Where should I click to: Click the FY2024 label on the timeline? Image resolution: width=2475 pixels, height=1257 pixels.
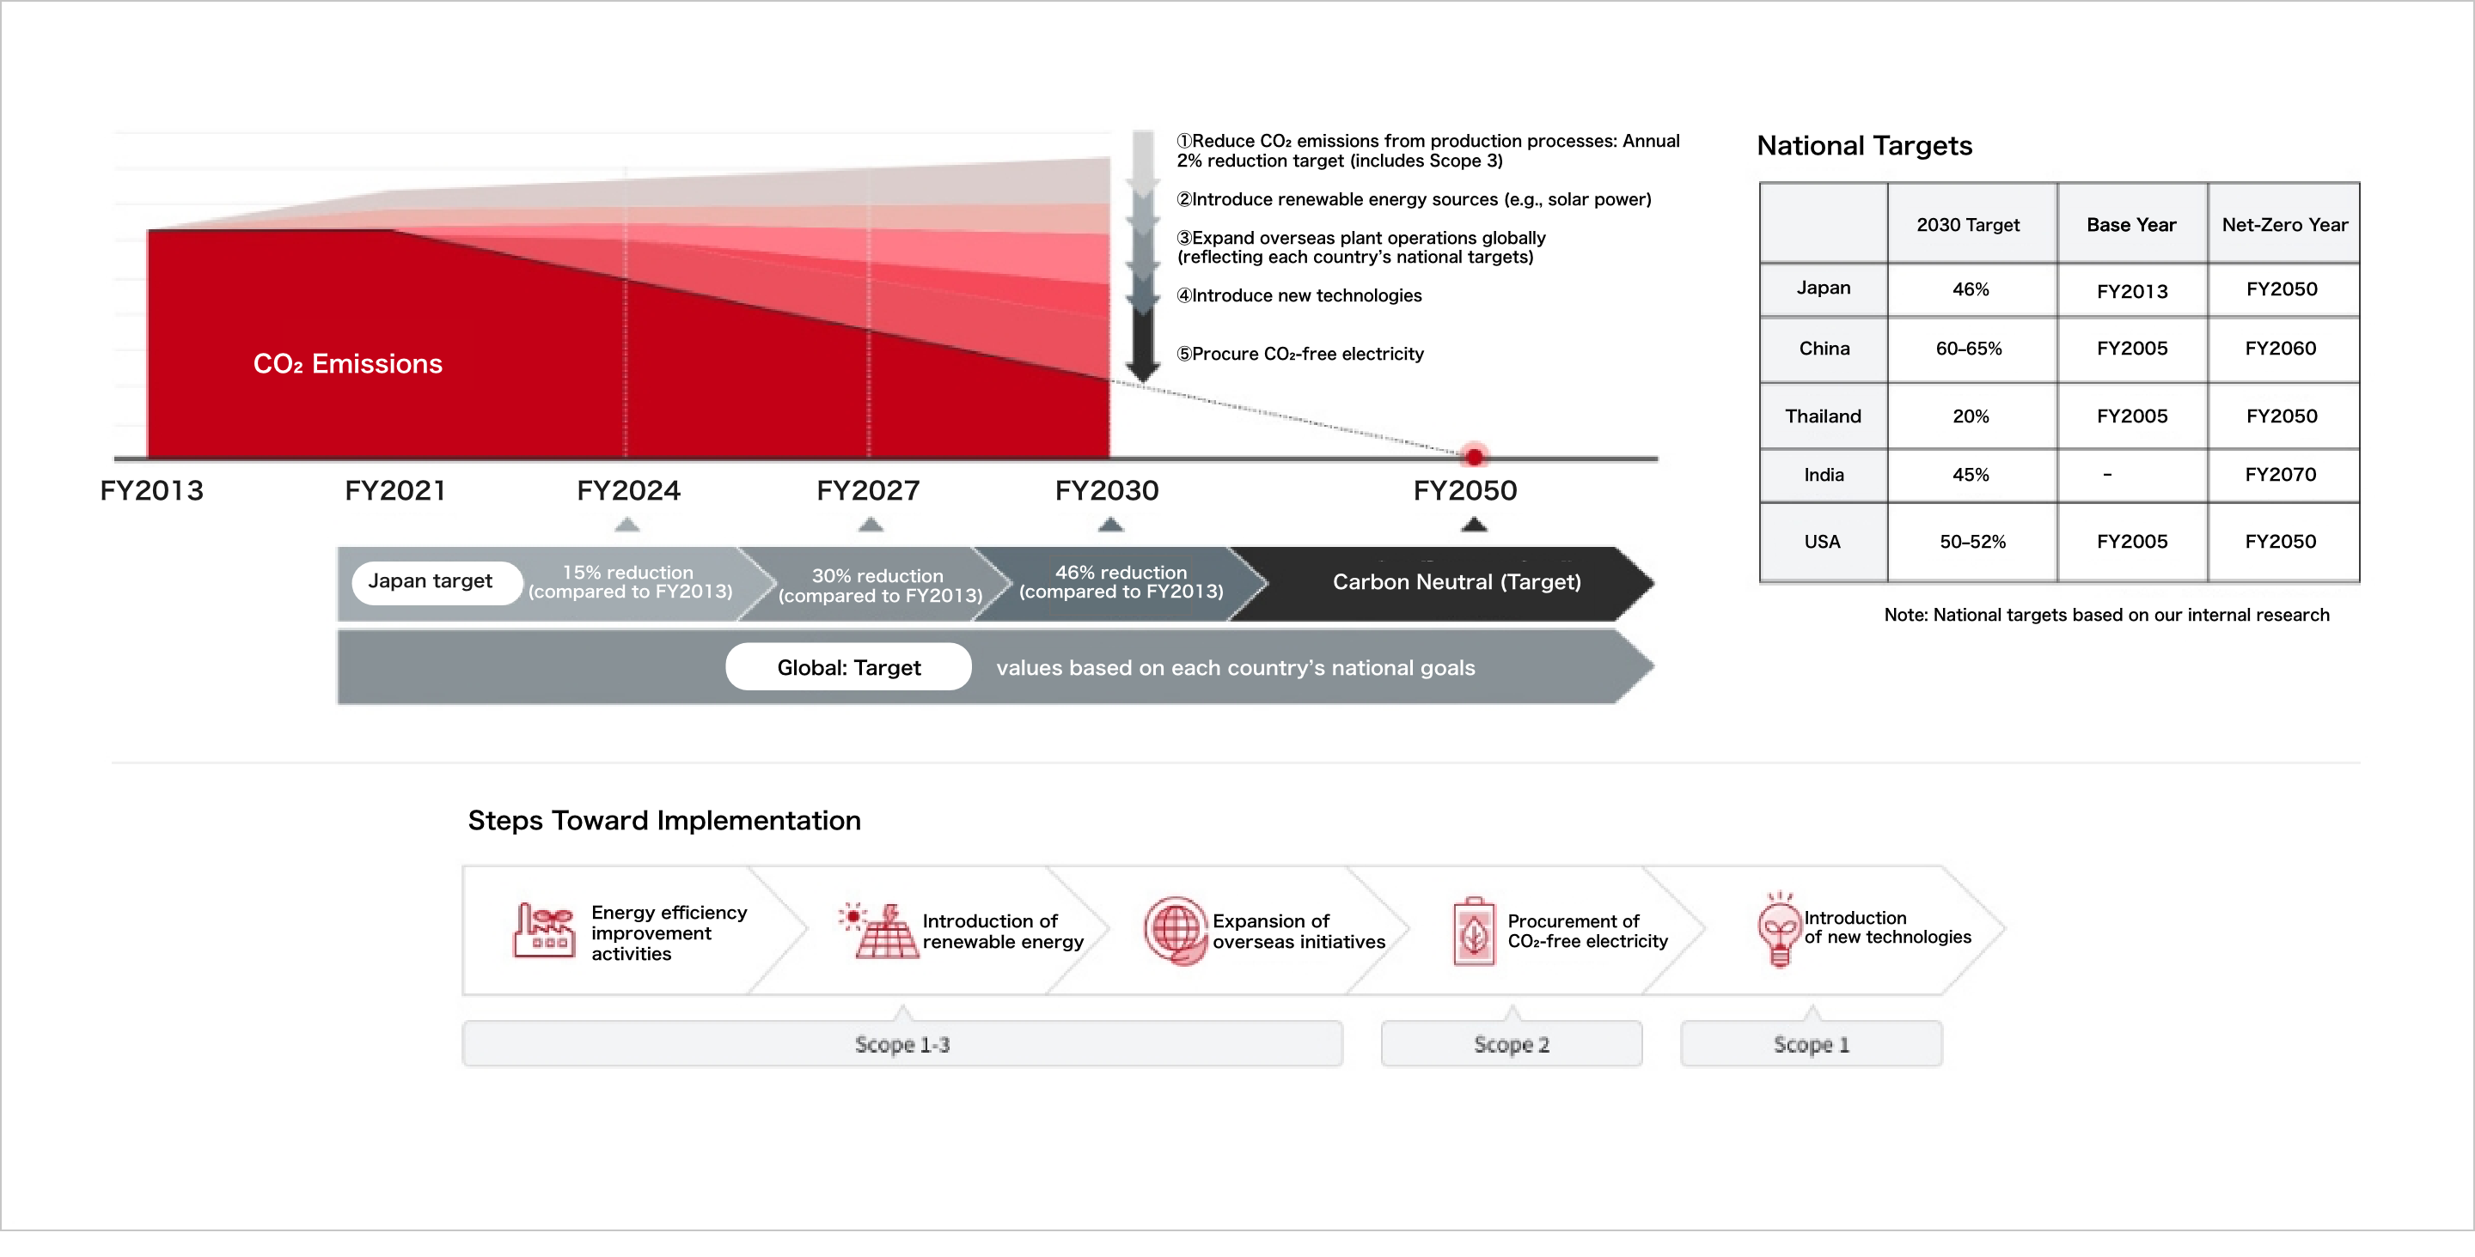(x=628, y=491)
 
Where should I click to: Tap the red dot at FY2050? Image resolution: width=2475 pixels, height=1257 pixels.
(x=1474, y=456)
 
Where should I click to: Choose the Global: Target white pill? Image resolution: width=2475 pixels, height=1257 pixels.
(x=848, y=667)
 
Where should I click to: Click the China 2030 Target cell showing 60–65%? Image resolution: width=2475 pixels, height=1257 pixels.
(x=1971, y=349)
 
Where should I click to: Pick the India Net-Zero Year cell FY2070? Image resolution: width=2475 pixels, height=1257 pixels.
(x=2282, y=474)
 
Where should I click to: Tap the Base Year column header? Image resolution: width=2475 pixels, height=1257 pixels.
(x=2131, y=225)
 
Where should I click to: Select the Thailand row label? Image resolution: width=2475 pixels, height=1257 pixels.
(x=1823, y=416)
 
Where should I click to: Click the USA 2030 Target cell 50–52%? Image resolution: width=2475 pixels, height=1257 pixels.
(x=1972, y=542)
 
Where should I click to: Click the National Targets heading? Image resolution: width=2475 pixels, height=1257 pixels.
(x=1864, y=146)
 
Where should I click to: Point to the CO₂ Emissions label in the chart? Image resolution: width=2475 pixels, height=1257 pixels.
(x=348, y=364)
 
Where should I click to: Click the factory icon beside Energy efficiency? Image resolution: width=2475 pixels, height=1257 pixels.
(x=544, y=930)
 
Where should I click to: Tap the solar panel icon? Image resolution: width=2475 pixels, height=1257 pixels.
(x=878, y=930)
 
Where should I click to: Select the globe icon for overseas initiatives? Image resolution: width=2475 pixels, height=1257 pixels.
(x=1174, y=931)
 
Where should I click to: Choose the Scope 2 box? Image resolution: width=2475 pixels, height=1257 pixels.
(x=1512, y=1044)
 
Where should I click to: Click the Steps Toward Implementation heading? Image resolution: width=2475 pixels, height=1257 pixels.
(x=664, y=821)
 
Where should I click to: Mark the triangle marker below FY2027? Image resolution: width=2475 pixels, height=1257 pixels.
(x=871, y=525)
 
